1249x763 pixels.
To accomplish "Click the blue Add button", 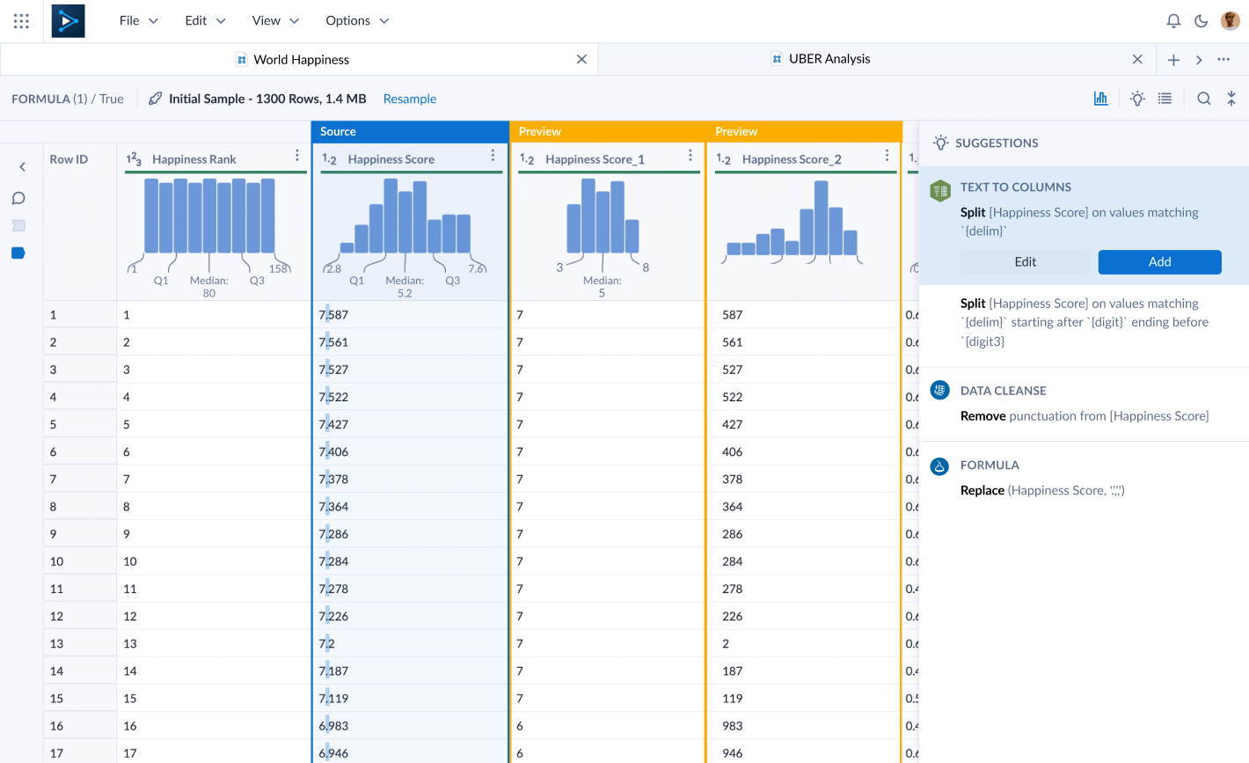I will (x=1159, y=262).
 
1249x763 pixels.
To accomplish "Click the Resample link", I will (x=410, y=99).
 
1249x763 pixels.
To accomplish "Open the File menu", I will (x=138, y=21).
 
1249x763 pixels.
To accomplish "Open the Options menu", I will (x=356, y=21).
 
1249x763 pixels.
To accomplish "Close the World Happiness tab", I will (x=581, y=60).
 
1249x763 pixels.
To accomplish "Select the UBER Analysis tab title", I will (x=829, y=59).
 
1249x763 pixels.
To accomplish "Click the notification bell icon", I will (x=1173, y=21).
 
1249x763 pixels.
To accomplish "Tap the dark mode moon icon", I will (x=1201, y=21).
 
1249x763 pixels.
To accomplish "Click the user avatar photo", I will (x=1231, y=21).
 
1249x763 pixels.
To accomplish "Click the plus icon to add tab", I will (x=1173, y=60).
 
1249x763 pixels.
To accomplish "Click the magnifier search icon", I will (x=1204, y=99).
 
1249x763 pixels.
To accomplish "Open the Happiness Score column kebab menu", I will (x=493, y=156).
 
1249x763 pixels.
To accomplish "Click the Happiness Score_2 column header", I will (x=792, y=159).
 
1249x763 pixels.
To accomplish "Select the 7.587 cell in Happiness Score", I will (x=334, y=315).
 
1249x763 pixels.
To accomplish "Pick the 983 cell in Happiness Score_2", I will (x=732, y=726).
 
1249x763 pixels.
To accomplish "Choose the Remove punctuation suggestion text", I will (x=1084, y=416).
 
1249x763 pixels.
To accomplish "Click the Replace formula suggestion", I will (x=1041, y=490).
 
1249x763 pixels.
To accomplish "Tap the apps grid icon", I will (x=21, y=21).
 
